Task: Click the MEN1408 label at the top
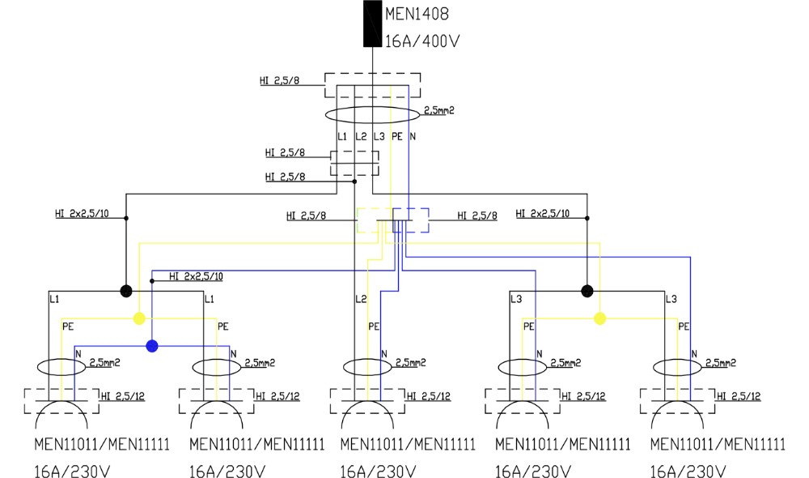[x=417, y=14]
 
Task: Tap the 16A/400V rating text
[x=422, y=41]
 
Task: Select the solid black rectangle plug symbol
[x=372, y=23]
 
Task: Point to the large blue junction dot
[x=152, y=346]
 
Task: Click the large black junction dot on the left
[x=126, y=292]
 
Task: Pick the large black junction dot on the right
[x=587, y=292]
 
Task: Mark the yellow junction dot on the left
[x=139, y=319]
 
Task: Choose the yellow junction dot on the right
[x=599, y=319]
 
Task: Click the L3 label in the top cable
[x=379, y=136]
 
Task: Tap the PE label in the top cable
[x=396, y=136]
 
